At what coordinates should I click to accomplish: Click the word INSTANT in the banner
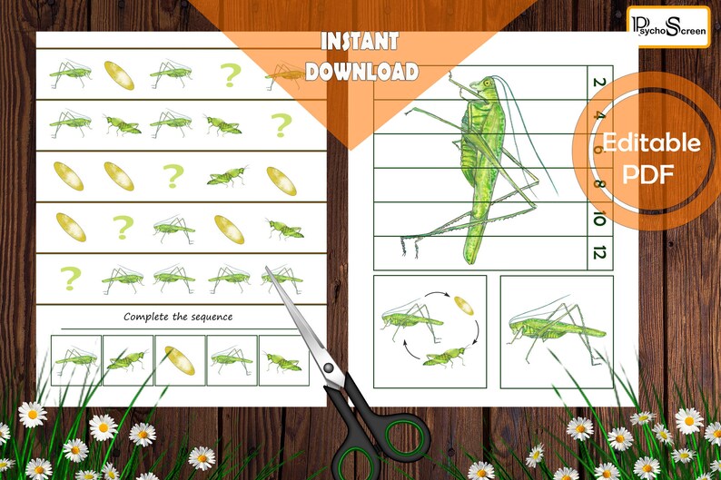point(360,42)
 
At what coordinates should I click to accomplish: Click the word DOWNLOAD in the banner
point(360,72)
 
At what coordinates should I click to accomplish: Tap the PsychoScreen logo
point(667,25)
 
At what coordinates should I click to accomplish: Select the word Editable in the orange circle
point(651,143)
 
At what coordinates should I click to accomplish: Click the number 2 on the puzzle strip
point(598,83)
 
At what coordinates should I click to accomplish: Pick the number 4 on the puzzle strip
point(598,117)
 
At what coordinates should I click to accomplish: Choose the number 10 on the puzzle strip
point(598,218)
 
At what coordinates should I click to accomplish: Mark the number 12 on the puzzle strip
point(598,251)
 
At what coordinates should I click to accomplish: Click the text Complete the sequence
point(178,317)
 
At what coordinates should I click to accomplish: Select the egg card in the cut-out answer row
point(178,361)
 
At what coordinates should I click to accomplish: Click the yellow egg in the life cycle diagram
point(463,305)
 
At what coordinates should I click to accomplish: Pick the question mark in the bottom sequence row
point(69,278)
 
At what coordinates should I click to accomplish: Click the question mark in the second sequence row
point(281,124)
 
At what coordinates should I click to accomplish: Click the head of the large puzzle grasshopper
point(486,88)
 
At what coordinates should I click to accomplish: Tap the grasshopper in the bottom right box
point(553,328)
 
